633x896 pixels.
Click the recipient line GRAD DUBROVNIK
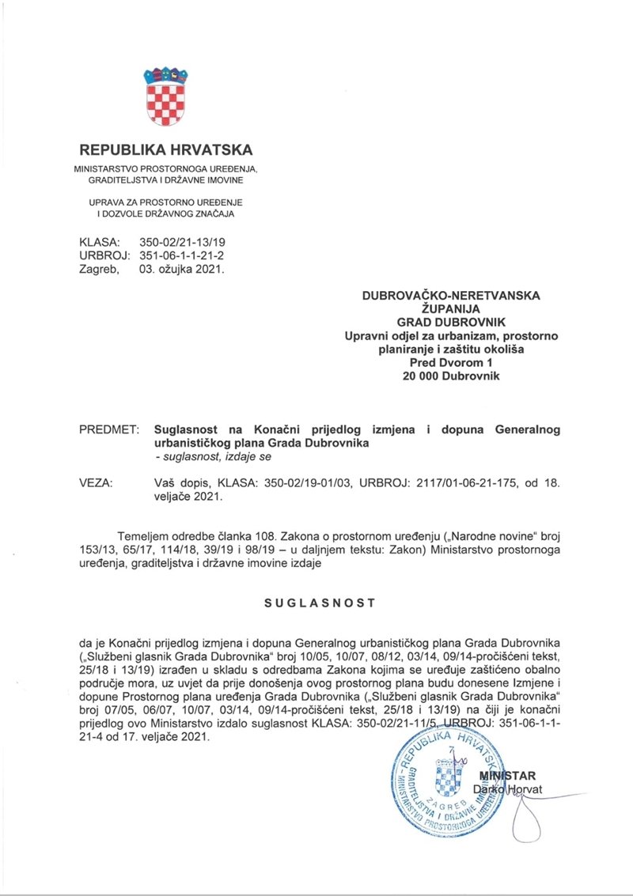coord(450,323)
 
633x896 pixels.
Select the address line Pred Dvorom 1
coord(450,362)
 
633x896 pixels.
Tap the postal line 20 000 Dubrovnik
coord(450,376)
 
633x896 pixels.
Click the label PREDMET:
coord(109,429)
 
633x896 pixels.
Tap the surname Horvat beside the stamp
coord(519,789)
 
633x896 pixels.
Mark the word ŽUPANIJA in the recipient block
coord(450,309)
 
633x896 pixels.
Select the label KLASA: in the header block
coord(99,241)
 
